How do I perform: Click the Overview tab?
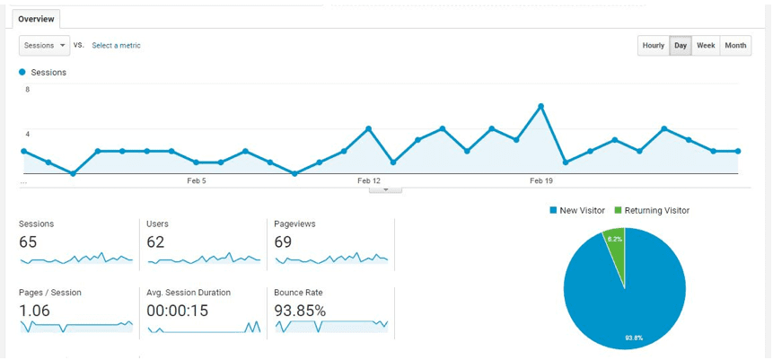click(36, 18)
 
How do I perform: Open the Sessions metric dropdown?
click(44, 45)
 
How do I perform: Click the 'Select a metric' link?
click(116, 45)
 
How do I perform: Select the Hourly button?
click(653, 46)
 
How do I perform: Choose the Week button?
click(706, 46)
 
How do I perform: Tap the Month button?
click(735, 46)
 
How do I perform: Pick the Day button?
click(681, 46)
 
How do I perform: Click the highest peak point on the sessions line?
click(540, 106)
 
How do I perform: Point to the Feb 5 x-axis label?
click(197, 180)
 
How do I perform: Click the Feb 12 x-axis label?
click(369, 180)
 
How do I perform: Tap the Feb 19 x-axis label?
click(541, 180)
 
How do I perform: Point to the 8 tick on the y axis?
click(28, 90)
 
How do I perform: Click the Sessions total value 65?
click(28, 241)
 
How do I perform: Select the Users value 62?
click(155, 241)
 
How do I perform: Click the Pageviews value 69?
click(283, 241)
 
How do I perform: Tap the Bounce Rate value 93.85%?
click(300, 311)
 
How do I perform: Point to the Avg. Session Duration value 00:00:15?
click(177, 311)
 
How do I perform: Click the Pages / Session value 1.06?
click(34, 311)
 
